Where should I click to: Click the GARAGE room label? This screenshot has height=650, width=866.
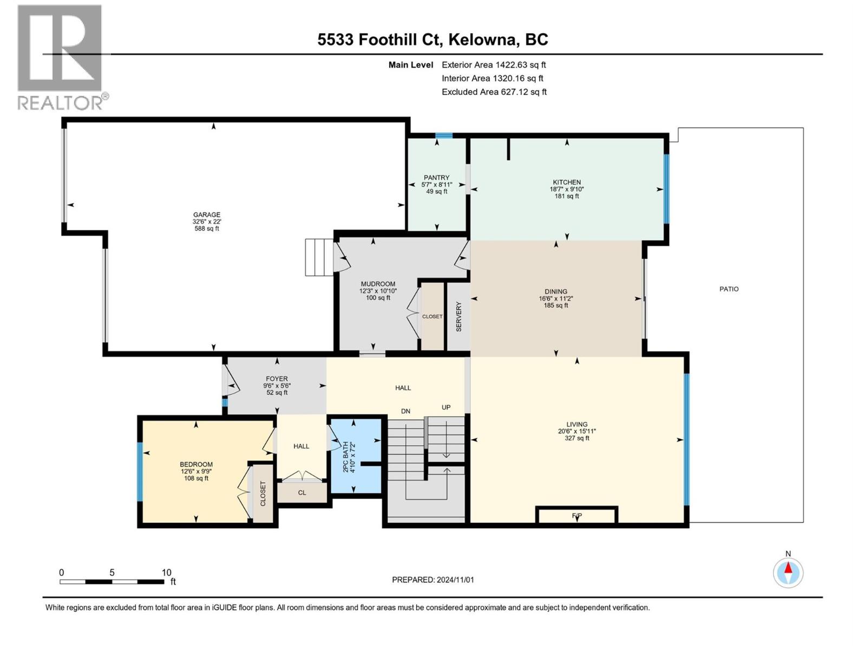(x=207, y=214)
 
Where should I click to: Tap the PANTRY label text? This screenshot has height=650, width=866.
(x=436, y=178)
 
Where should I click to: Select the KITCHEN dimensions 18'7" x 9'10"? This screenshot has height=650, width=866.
(x=567, y=190)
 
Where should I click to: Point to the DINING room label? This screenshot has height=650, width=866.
(x=556, y=291)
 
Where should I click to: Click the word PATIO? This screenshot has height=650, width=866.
(x=729, y=289)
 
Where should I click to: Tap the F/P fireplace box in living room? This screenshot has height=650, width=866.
(x=576, y=515)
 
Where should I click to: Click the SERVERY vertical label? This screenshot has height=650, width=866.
(x=459, y=317)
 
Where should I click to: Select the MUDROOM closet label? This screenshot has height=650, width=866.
(x=432, y=316)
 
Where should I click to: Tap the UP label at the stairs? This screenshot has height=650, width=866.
(x=446, y=407)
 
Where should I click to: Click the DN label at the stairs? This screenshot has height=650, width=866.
(x=406, y=411)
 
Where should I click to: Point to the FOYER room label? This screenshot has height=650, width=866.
(x=277, y=379)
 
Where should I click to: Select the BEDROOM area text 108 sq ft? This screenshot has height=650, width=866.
(x=196, y=478)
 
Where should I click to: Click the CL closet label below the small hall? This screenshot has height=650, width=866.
(x=302, y=493)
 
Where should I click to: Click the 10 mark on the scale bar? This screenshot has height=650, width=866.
(x=166, y=573)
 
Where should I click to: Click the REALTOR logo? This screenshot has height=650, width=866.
(x=61, y=56)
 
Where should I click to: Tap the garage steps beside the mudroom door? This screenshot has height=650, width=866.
(x=319, y=257)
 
